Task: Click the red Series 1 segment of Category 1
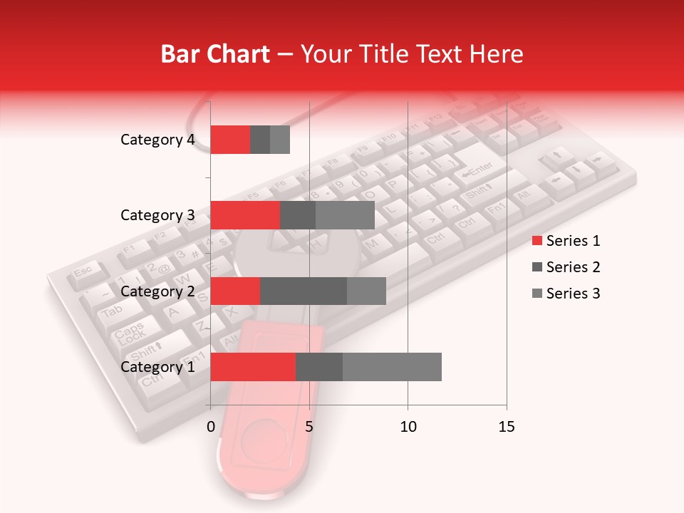[x=253, y=367]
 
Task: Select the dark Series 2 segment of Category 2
[x=304, y=291]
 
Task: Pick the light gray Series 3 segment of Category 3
[x=345, y=215]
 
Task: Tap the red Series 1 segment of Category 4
[x=230, y=140]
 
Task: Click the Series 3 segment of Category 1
[x=392, y=367]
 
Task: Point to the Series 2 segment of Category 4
[x=260, y=140]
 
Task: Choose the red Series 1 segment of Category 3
[x=245, y=215]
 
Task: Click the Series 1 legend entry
[x=566, y=241]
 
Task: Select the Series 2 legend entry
[x=566, y=267]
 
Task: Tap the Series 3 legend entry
[x=566, y=294]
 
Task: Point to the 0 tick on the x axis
[x=211, y=427]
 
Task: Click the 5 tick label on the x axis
[x=309, y=427]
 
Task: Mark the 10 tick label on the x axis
[x=408, y=427]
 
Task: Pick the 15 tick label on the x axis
[x=506, y=427]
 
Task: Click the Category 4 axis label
[x=157, y=140]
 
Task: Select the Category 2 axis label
[x=157, y=291]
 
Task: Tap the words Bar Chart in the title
[x=215, y=54]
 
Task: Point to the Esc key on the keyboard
[x=83, y=271]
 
